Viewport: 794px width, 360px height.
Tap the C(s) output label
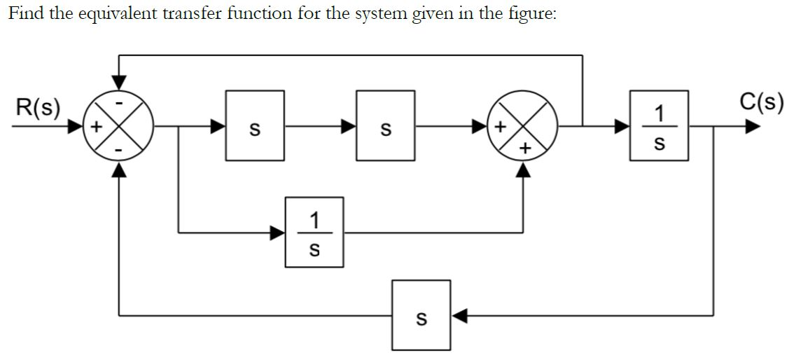pyautogui.click(x=760, y=102)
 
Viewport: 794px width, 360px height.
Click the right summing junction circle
pyautogui.click(x=523, y=127)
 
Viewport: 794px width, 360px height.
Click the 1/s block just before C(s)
pyautogui.click(x=658, y=126)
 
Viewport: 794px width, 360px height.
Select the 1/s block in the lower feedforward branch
pyautogui.click(x=314, y=232)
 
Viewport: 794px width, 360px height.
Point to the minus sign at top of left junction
pyautogui.click(x=120, y=103)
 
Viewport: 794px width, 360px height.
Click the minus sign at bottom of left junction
pyautogui.click(x=120, y=150)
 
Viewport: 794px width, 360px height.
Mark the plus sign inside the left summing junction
pyautogui.click(x=98, y=127)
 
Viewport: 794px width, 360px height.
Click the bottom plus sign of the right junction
pyautogui.click(x=524, y=149)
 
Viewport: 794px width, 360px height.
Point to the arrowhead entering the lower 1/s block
pyautogui.click(x=278, y=232)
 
